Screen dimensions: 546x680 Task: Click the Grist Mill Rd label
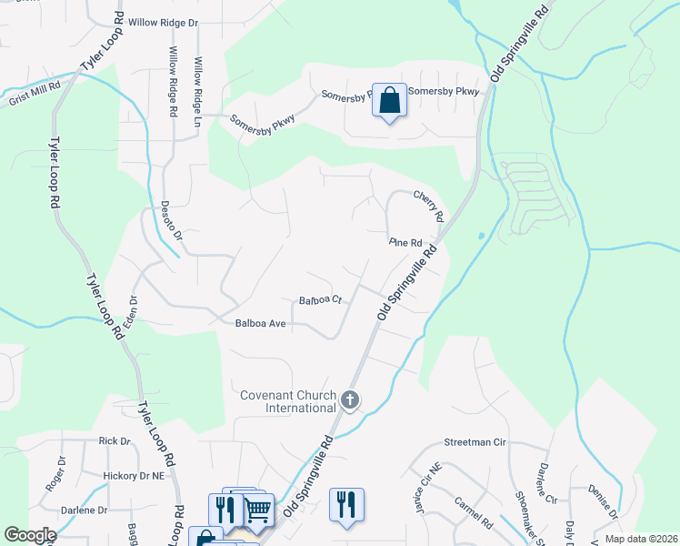[35, 92]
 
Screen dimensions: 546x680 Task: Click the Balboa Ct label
[319, 299]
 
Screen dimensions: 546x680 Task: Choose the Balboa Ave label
[261, 322]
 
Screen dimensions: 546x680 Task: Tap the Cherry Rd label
[427, 206]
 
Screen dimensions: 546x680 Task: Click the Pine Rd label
[405, 243]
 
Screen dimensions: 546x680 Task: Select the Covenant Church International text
[288, 401]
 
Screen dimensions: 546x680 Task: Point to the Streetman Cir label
[474, 440]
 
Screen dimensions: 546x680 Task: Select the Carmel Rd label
[475, 511]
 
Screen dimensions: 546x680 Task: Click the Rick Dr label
[115, 440]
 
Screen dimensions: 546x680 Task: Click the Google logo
[31, 534]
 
